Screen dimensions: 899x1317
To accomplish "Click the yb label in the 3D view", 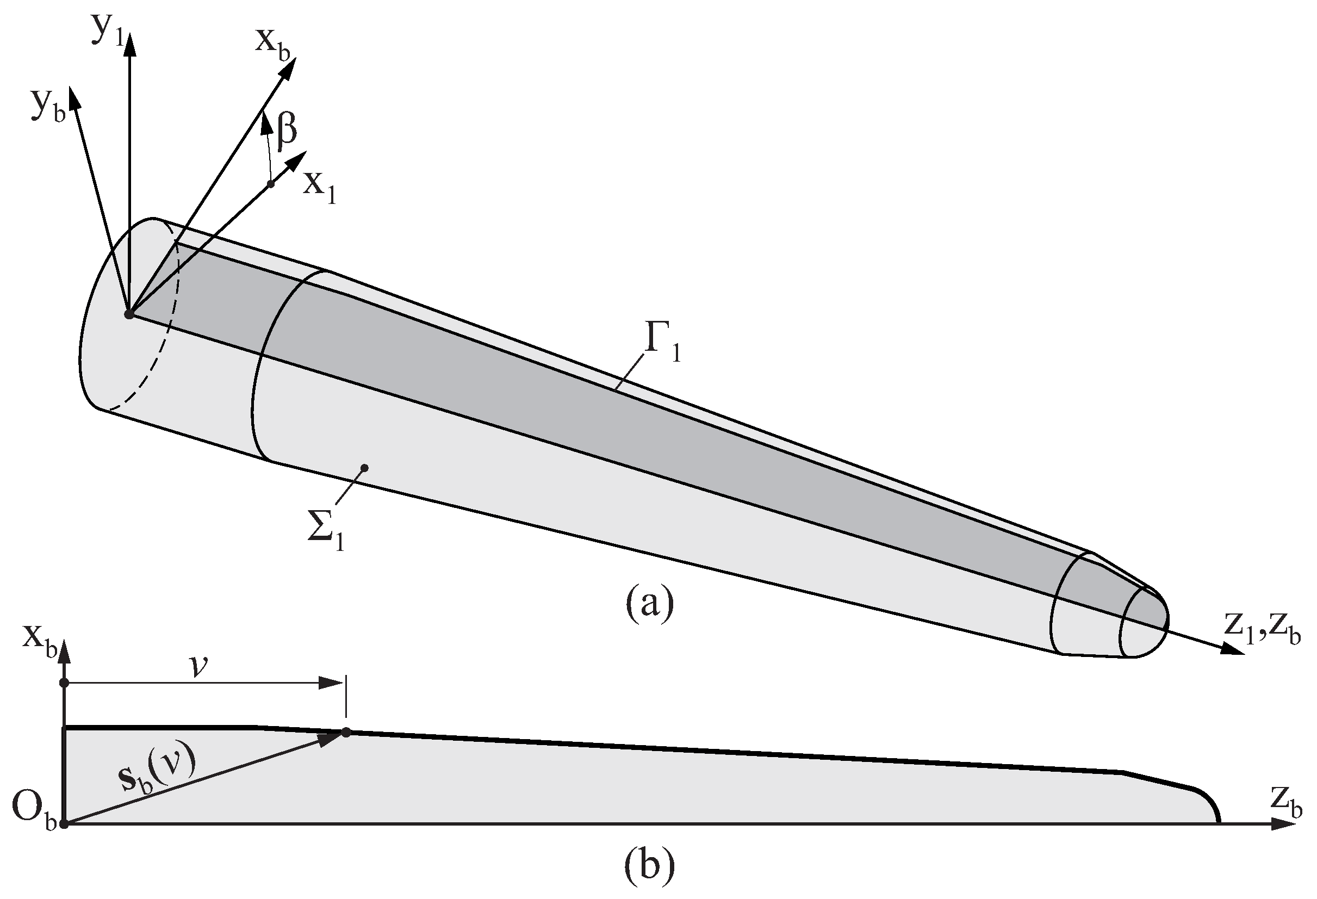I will (x=48, y=107).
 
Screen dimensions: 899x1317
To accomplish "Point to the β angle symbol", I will (x=287, y=129).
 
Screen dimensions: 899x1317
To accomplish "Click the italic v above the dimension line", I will (x=198, y=667).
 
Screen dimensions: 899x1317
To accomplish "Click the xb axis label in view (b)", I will (x=40, y=642).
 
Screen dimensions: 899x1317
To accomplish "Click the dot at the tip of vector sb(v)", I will (x=346, y=733).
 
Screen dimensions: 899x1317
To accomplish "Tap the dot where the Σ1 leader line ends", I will (x=365, y=468).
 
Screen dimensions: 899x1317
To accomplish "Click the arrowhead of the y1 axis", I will (x=131, y=43).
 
